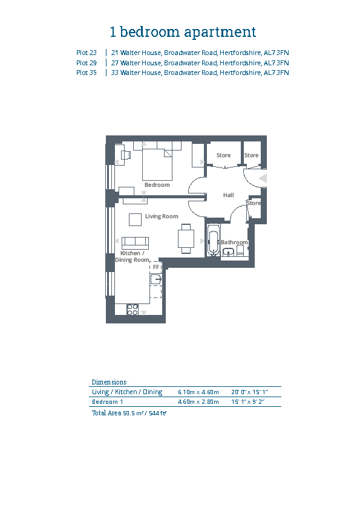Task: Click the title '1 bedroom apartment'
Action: (x=183, y=32)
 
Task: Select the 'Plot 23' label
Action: (x=87, y=53)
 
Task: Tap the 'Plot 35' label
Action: (x=87, y=73)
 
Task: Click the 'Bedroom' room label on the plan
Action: (x=157, y=185)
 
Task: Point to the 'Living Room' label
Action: (x=162, y=216)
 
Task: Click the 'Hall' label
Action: (x=229, y=195)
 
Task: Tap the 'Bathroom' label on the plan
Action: (x=234, y=242)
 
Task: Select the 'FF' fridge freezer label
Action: (x=156, y=267)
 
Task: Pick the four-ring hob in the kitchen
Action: (x=133, y=310)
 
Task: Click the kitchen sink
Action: (x=156, y=279)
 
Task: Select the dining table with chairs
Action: (x=186, y=239)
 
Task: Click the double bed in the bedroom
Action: (x=157, y=164)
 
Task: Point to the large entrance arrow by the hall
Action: (x=263, y=178)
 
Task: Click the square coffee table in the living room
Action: (x=135, y=219)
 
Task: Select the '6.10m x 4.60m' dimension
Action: (x=198, y=392)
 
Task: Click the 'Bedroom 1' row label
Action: (x=108, y=402)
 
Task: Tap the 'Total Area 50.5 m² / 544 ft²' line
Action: (x=129, y=413)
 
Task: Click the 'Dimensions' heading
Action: (x=109, y=382)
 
